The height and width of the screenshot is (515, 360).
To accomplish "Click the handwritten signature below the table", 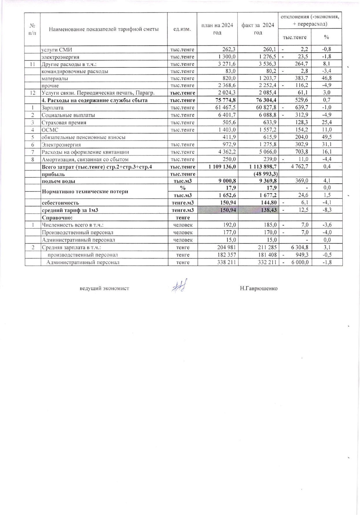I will pyautogui.click(x=179, y=286).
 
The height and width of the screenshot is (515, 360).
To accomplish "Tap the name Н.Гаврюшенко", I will pyautogui.click(x=258, y=288).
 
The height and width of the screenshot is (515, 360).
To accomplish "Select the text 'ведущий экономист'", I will pyautogui.click(x=104, y=288).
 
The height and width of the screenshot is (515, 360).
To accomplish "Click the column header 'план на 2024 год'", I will pyautogui.click(x=217, y=29).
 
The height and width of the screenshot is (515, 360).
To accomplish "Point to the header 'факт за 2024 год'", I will pyautogui.click(x=258, y=29).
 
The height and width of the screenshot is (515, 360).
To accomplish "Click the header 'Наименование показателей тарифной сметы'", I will pyautogui.click(x=104, y=29).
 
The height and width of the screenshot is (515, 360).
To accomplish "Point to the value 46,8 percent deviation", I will pyautogui.click(x=327, y=78).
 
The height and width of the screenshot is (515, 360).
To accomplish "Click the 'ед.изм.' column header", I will pyautogui.click(x=182, y=29).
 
